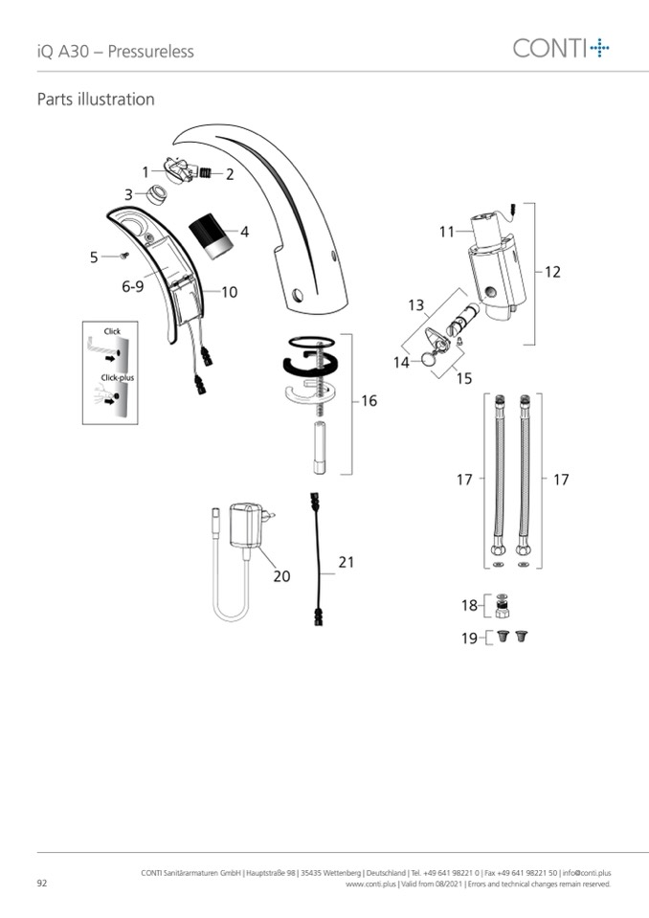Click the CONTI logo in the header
[561, 48]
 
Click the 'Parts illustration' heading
[96, 99]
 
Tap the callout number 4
[245, 232]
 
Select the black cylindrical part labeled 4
[211, 235]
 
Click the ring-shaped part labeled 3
[156, 193]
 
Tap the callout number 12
[552, 272]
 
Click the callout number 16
[369, 401]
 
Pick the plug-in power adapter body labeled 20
[246, 526]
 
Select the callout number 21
[346, 562]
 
